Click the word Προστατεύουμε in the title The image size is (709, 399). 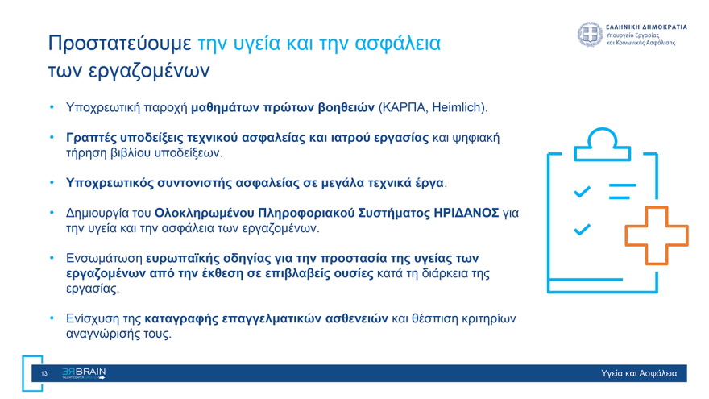(119, 43)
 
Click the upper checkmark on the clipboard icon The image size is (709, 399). (582, 191)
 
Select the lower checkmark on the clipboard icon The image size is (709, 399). (582, 230)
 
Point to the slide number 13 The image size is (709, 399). (44, 373)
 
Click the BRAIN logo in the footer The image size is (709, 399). (83, 373)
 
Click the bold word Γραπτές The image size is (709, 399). (90, 138)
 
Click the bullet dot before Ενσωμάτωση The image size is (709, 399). (50, 259)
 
